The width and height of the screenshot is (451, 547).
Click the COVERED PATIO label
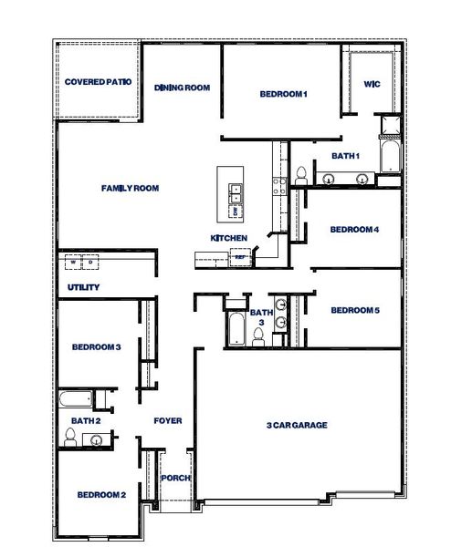pyautogui.click(x=99, y=82)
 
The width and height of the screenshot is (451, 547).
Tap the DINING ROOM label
pyautogui.click(x=183, y=88)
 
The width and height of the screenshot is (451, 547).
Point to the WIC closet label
pyautogui.click(x=372, y=84)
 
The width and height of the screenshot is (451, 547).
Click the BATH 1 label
pyautogui.click(x=345, y=157)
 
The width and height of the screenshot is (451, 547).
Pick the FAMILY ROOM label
pyautogui.click(x=130, y=189)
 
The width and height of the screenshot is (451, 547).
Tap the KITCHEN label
pyautogui.click(x=229, y=238)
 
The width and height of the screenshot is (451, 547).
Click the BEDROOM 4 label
pyautogui.click(x=354, y=230)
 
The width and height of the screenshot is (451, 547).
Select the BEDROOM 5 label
pyautogui.click(x=354, y=311)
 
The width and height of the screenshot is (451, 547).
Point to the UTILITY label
pyautogui.click(x=83, y=288)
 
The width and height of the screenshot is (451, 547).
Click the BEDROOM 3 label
pyautogui.click(x=97, y=347)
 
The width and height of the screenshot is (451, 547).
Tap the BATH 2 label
pyautogui.click(x=85, y=421)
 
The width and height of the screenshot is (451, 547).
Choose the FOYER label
pyautogui.click(x=167, y=421)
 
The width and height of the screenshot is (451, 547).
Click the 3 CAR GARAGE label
pyautogui.click(x=297, y=425)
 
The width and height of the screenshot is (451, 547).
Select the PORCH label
pyautogui.click(x=174, y=479)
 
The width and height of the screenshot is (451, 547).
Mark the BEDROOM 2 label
pyautogui.click(x=100, y=495)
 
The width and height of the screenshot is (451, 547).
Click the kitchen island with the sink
pyautogui.click(x=234, y=193)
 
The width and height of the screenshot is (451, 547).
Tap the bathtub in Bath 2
pyautogui.click(x=74, y=399)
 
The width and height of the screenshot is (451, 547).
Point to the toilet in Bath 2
pyautogui.click(x=69, y=439)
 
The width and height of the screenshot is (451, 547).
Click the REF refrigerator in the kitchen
pyautogui.click(x=239, y=258)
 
